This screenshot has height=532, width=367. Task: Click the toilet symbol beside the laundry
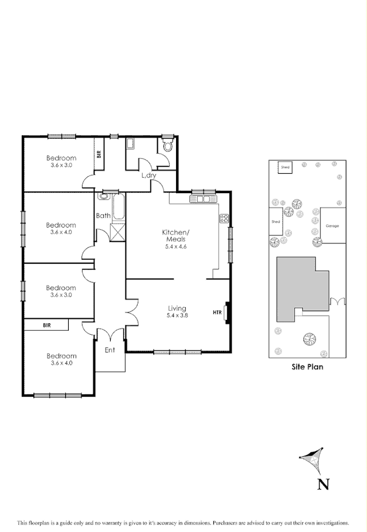(x=167, y=145)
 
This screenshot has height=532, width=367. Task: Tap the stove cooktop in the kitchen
(x=223, y=218)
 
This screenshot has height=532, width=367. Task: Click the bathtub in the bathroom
(x=119, y=208)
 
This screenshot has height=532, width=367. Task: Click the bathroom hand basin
(x=103, y=196)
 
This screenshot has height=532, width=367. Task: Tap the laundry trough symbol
(x=130, y=145)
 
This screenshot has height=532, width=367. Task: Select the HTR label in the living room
(x=217, y=312)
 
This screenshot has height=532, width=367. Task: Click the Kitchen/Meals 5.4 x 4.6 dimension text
(x=175, y=247)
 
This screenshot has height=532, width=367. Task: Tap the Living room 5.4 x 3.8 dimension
(x=177, y=315)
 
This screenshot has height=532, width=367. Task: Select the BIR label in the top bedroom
(x=99, y=154)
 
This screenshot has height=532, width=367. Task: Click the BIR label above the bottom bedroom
(x=46, y=325)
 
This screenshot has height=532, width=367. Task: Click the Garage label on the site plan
(x=332, y=226)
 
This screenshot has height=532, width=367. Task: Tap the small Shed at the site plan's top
(x=285, y=167)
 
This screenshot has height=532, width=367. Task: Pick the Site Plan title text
(x=307, y=367)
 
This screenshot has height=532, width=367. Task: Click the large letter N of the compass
(x=323, y=485)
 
